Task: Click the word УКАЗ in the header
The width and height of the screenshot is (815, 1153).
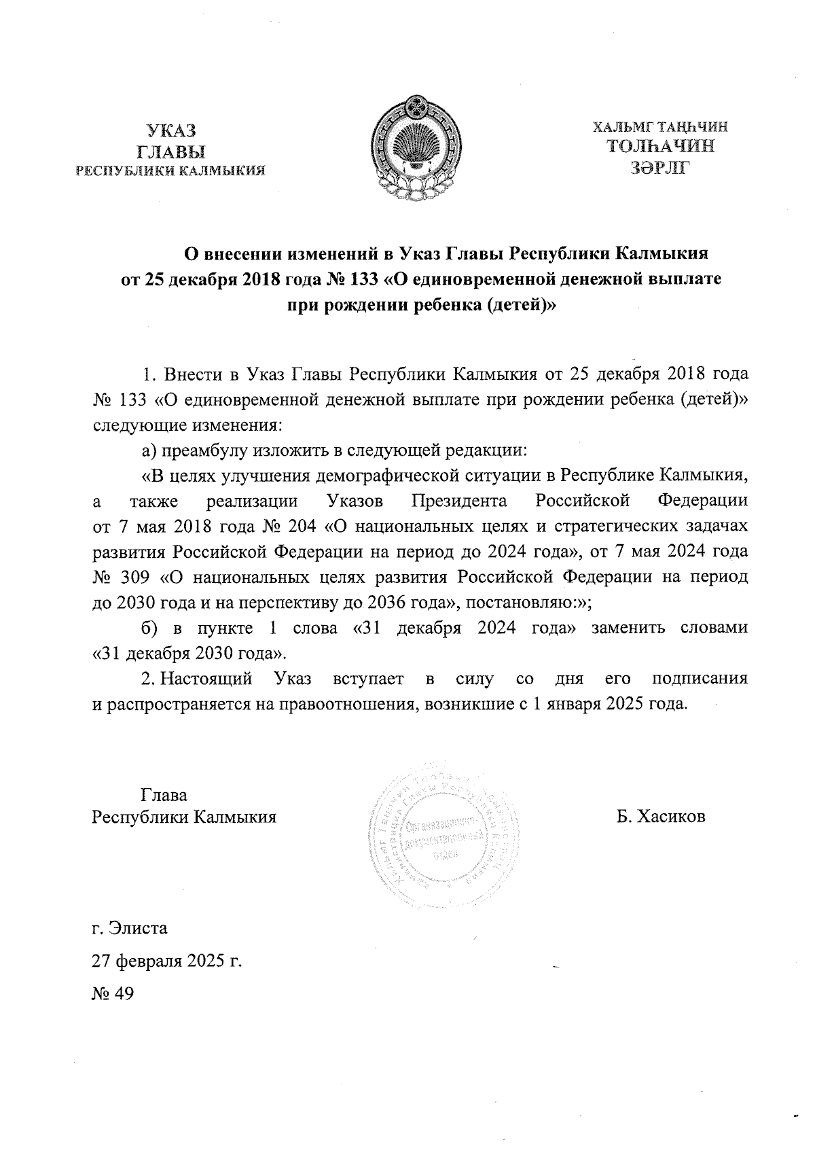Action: point(171,130)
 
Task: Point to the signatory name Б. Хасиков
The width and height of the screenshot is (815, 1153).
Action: point(661,816)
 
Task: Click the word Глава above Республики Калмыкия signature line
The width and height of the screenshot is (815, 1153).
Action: point(164,794)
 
